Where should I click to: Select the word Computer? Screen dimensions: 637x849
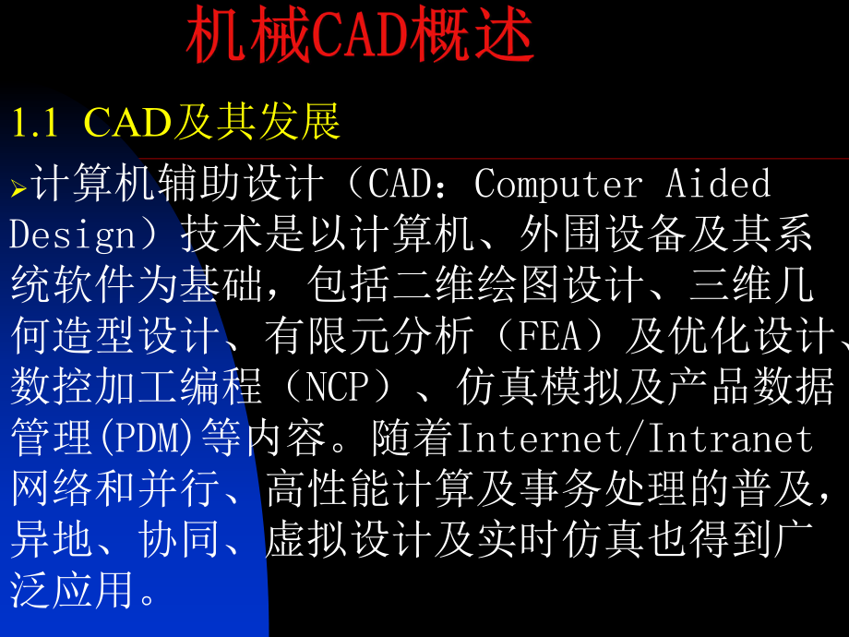click(x=558, y=185)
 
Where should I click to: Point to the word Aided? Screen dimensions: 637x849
click(x=718, y=185)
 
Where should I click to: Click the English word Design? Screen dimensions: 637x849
click(x=73, y=235)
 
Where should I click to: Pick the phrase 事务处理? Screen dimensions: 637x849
click(x=581, y=489)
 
